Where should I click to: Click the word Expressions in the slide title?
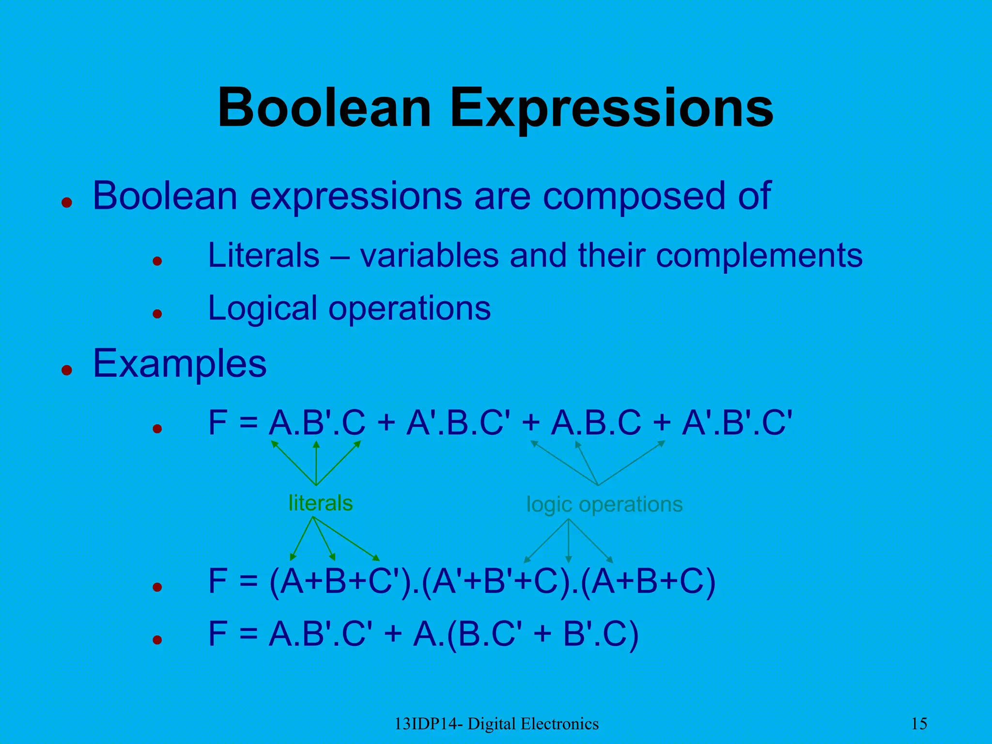[612, 109]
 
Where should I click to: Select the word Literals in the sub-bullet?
[263, 255]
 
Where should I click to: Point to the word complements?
[759, 256]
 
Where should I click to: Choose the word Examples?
[180, 363]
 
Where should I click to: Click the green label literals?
[321, 503]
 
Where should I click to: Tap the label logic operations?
[604, 505]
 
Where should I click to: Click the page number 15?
[919, 724]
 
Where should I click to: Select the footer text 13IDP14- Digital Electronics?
[496, 724]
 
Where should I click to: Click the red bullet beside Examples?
[67, 371]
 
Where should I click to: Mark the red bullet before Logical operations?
[156, 314]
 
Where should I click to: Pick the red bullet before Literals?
[156, 262]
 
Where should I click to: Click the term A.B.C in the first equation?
[596, 422]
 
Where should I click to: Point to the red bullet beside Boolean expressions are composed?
[67, 202]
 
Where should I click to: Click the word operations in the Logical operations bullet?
[409, 309]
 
